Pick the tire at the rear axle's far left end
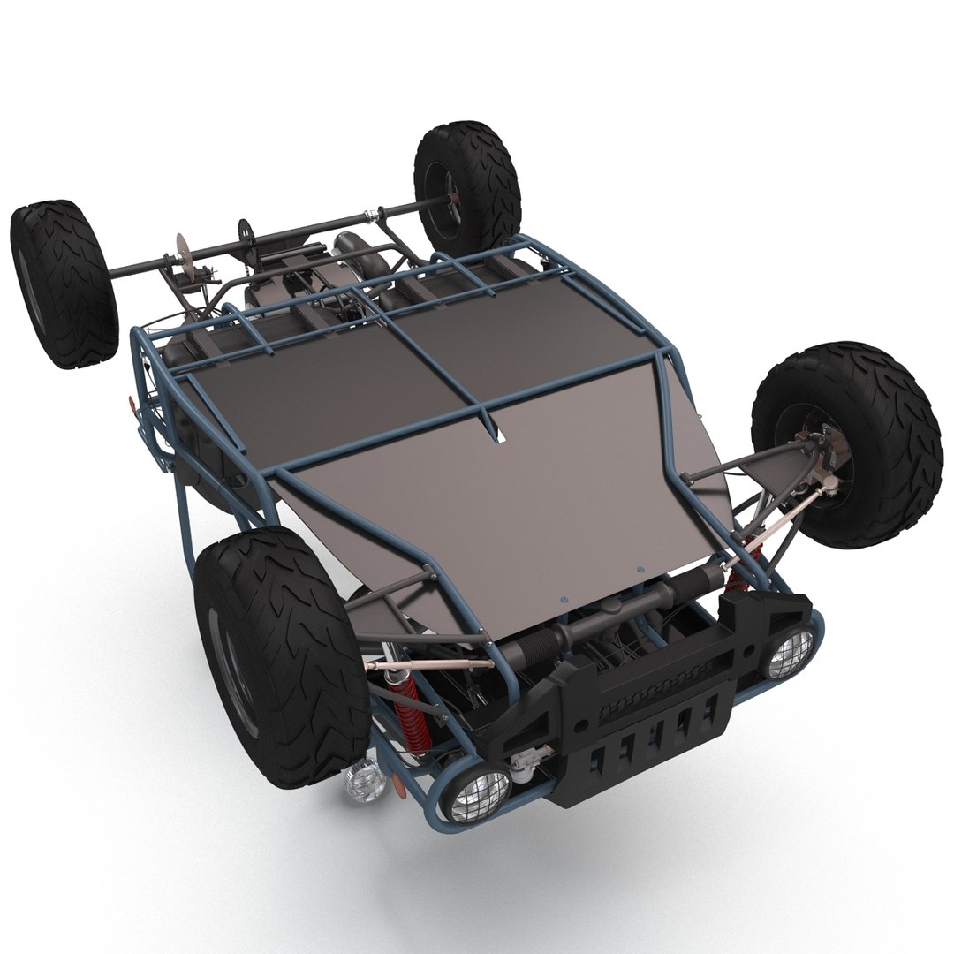(x=64, y=284)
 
